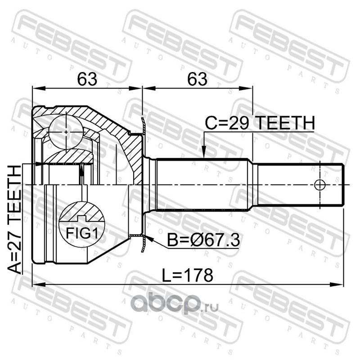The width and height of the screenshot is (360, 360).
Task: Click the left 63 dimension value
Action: [87, 79]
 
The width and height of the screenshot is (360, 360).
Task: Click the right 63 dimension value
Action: [198, 79]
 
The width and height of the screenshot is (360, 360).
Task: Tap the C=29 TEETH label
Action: [260, 123]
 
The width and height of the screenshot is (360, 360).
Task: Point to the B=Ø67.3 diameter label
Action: [203, 240]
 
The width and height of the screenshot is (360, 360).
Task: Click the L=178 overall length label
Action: [188, 275]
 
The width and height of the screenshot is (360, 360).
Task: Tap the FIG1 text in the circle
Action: [82, 234]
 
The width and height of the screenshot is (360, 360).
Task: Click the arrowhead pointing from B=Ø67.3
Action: [149, 239]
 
